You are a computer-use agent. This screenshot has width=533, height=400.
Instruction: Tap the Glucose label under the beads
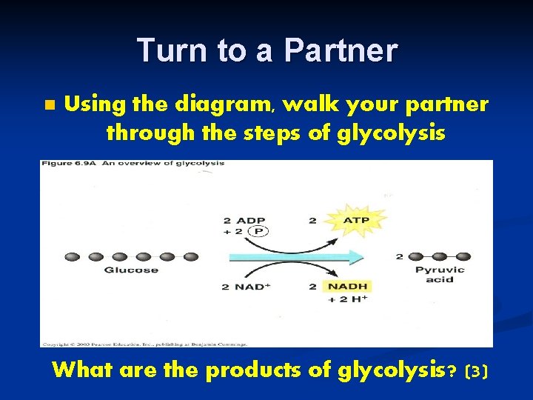click(131, 270)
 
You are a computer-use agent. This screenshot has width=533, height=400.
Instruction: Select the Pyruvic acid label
click(440, 275)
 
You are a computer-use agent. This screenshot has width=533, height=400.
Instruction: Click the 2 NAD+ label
click(243, 287)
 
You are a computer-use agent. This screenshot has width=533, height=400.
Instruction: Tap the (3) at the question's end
click(477, 371)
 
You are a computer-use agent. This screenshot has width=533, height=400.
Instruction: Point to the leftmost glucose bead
click(73, 257)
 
